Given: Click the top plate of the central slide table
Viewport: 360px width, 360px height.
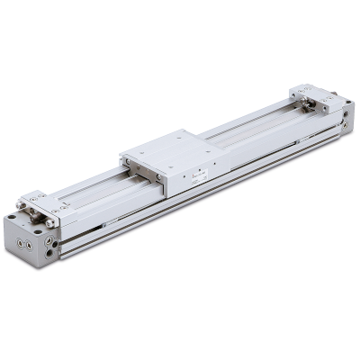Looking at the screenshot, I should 171,148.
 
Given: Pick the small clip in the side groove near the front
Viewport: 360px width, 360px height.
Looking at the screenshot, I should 103,224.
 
